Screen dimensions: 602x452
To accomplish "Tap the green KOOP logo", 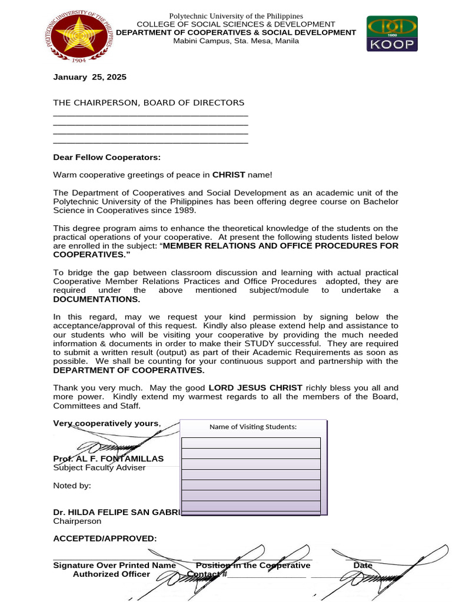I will pyautogui.click(x=392, y=34).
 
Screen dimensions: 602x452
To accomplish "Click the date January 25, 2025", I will pyautogui.click(x=89, y=77).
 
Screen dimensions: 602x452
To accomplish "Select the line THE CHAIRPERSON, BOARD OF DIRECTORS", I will pyautogui.click(x=148, y=103).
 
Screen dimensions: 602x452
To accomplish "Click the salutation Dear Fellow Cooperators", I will pyautogui.click(x=107, y=157).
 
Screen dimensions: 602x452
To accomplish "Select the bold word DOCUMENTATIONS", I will pyautogui.click(x=97, y=299).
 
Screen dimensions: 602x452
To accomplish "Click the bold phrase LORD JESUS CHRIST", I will pyautogui.click(x=255, y=388).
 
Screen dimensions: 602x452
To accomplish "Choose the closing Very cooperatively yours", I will pyautogui.click(x=107, y=423).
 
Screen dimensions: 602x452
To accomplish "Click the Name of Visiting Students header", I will pyautogui.click(x=253, y=427).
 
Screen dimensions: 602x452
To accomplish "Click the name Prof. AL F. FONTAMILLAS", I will pyautogui.click(x=108, y=459).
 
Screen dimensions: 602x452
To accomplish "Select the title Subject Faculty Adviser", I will pyautogui.click(x=99, y=467).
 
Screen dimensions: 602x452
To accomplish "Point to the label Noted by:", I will pyautogui.click(x=72, y=486).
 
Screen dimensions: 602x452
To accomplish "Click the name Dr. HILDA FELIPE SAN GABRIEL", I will pyautogui.click(x=117, y=512).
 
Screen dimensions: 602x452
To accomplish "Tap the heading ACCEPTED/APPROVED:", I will pyautogui.click(x=105, y=539).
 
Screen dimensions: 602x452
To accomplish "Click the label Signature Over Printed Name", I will pyautogui.click(x=114, y=566).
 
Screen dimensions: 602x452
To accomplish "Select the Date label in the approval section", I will pyautogui.click(x=363, y=566).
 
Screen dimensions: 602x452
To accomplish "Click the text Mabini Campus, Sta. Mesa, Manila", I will pyautogui.click(x=235, y=41).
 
